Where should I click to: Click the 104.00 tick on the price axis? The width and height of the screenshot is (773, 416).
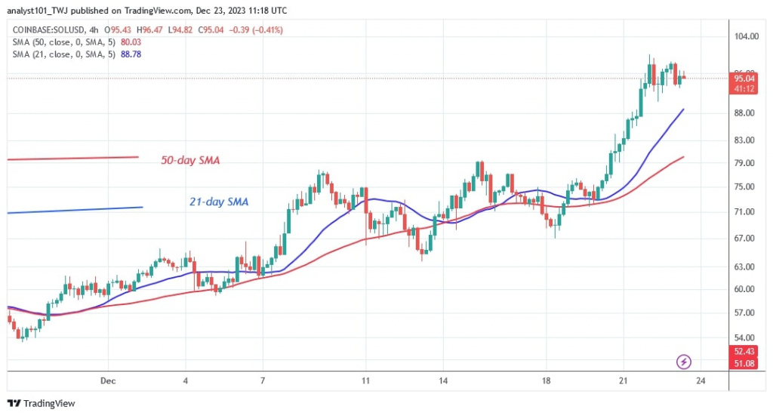[x=747, y=36]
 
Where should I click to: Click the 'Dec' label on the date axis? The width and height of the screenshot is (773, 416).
[x=107, y=380]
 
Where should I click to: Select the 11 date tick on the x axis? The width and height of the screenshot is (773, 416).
[x=365, y=380]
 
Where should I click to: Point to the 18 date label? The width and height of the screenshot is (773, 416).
[x=547, y=380]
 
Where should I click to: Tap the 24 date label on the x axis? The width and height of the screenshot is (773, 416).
[x=701, y=380]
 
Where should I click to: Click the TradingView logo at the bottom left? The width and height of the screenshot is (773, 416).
[x=42, y=404]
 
